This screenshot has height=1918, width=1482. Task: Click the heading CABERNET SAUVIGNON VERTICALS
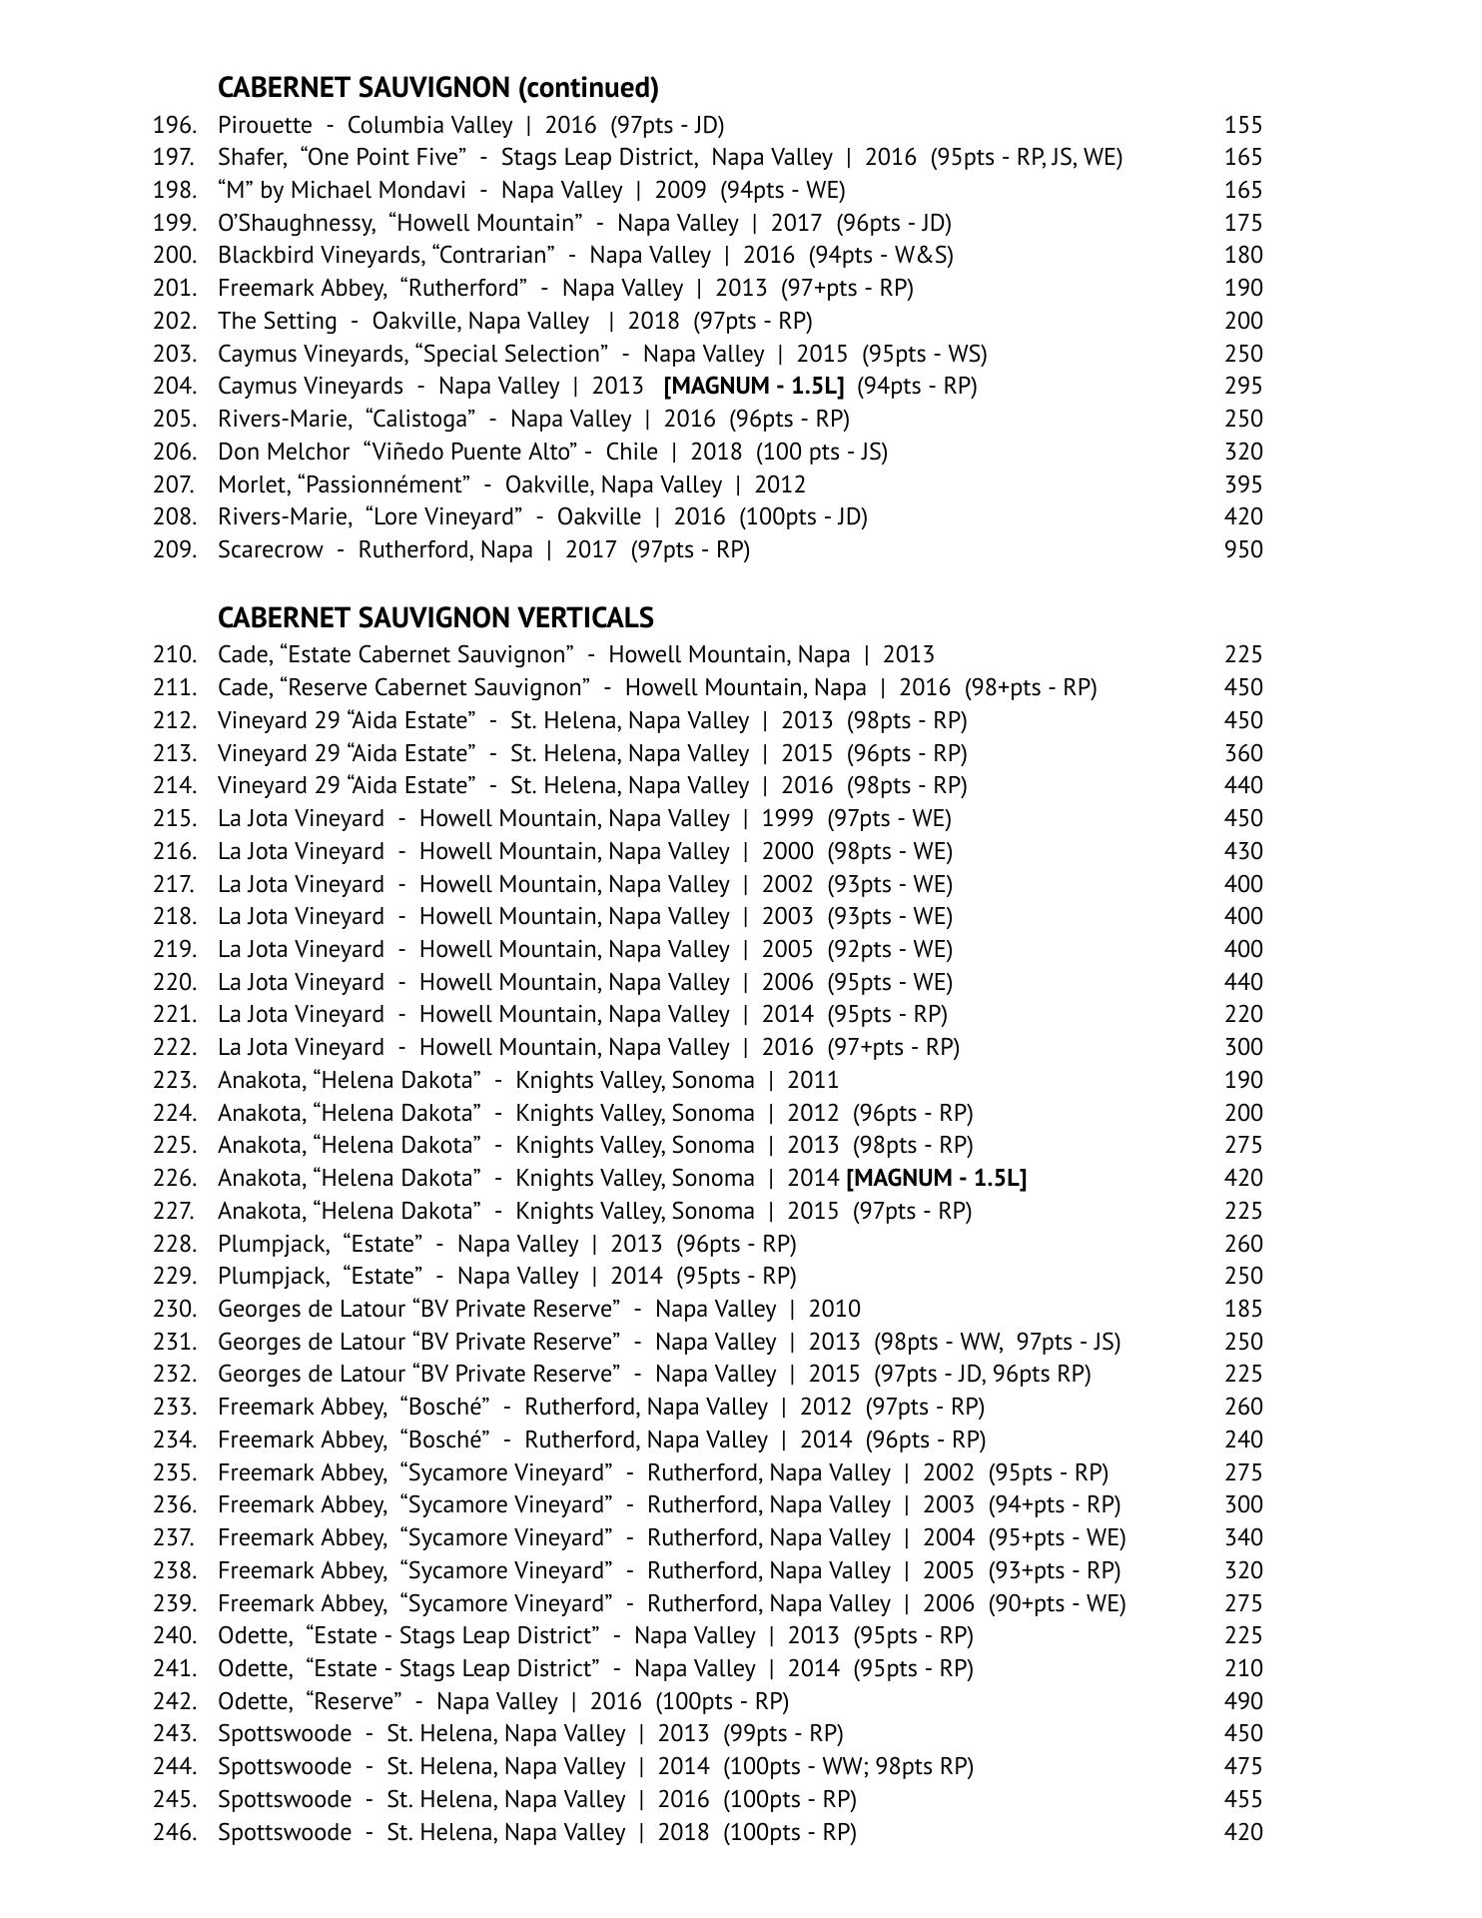click(435, 617)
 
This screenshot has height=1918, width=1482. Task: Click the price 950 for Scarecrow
click(1243, 549)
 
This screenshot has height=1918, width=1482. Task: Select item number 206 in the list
click(175, 452)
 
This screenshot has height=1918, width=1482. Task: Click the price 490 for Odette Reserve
click(1243, 1701)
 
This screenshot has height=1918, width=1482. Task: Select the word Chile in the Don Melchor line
click(631, 452)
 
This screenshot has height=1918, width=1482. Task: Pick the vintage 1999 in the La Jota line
click(787, 818)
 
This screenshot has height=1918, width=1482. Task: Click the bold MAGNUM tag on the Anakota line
click(936, 1178)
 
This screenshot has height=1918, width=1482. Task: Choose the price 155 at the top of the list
click(1243, 125)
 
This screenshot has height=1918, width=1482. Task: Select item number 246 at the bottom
click(175, 1832)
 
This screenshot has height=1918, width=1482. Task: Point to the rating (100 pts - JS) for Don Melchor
click(821, 452)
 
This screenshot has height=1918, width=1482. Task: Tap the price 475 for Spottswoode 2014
click(1243, 1766)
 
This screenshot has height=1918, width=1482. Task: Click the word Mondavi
click(427, 190)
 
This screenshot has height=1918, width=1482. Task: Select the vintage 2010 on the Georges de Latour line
click(834, 1309)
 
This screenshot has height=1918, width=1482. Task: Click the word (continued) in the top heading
click(588, 88)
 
